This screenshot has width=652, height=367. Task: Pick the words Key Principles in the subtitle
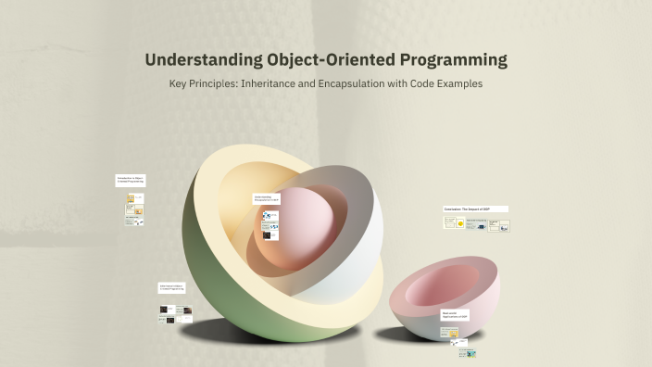(x=200, y=83)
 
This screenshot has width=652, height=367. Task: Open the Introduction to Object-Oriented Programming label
(x=131, y=181)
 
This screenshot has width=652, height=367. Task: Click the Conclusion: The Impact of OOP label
(x=476, y=209)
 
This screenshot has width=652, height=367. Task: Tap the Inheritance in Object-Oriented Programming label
(x=173, y=288)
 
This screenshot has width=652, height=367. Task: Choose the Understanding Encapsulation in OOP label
(x=267, y=198)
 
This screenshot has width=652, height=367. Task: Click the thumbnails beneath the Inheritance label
(x=175, y=314)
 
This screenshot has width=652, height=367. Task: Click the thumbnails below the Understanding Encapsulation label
(x=270, y=223)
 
